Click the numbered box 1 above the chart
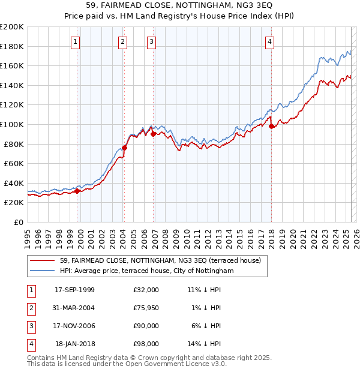[75, 41]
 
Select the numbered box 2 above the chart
[122, 41]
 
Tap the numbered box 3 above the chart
[151, 41]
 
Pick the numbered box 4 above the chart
[270, 41]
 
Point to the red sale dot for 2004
[125, 148]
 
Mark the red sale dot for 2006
[153, 134]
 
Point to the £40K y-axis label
[14, 183]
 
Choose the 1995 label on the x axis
[27, 234]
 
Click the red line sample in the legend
[43, 261]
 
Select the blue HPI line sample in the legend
[43, 271]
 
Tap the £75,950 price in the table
[146, 308]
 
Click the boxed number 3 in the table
[29, 326]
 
